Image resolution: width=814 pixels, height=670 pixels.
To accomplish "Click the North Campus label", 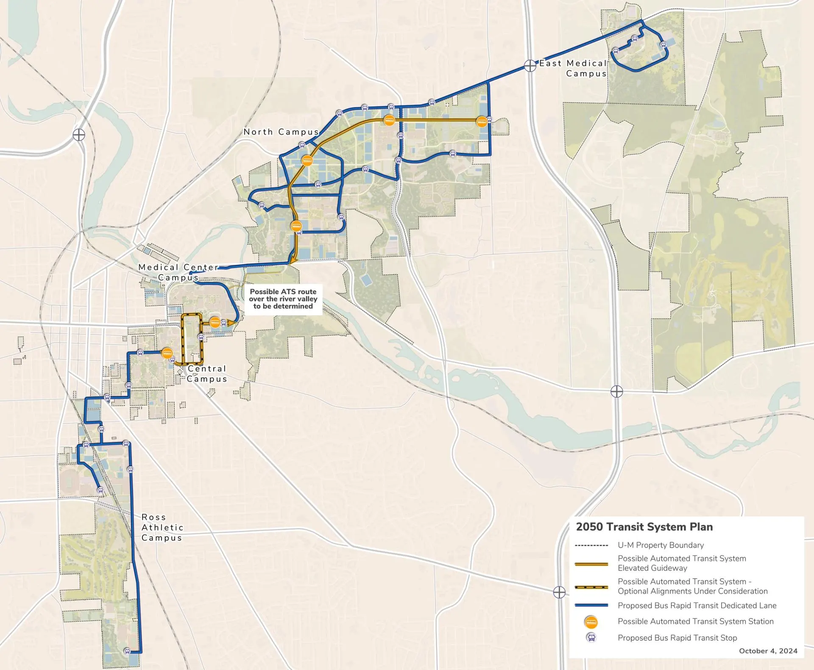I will (x=281, y=132).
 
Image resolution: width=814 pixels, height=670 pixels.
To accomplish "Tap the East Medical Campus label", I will (x=573, y=68).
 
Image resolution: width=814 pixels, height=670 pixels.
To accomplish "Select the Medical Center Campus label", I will (x=178, y=272).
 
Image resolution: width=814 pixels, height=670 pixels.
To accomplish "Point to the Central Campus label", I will (x=207, y=374).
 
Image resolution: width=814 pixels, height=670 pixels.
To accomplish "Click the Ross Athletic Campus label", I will (x=162, y=528).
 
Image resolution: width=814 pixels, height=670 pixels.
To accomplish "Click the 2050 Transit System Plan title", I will (x=644, y=527).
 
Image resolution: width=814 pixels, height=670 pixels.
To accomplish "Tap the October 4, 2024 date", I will (x=768, y=651).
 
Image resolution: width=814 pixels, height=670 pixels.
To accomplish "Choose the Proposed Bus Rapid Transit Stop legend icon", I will (x=591, y=637).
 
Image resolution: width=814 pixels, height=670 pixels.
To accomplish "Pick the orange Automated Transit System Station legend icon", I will (x=591, y=622).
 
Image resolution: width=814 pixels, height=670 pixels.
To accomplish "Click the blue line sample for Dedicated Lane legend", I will (x=591, y=606).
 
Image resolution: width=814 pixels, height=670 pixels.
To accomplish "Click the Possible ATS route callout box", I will (x=283, y=299).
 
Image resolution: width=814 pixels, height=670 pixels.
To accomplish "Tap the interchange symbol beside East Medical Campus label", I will (x=530, y=66).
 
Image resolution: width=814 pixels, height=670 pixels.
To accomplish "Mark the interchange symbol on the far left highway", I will (x=79, y=135).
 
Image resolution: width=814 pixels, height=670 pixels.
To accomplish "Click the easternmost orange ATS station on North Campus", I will (x=481, y=122).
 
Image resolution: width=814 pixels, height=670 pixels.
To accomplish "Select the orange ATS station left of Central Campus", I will (x=167, y=353).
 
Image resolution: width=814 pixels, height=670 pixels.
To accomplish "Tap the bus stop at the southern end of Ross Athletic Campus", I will (x=127, y=651).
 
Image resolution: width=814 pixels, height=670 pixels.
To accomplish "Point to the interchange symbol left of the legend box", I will (x=559, y=592).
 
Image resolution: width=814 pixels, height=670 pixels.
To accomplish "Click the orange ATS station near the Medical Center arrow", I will (x=215, y=322).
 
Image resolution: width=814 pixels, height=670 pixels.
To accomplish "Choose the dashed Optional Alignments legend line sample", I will (x=591, y=587).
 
